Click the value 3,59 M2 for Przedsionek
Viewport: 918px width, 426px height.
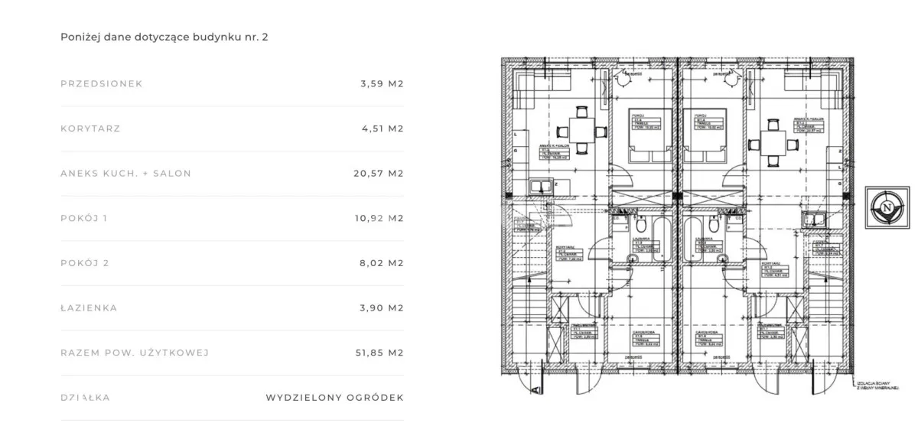[381, 84]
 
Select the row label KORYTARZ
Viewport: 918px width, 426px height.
[90, 128]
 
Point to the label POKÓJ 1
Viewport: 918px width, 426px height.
[83, 219]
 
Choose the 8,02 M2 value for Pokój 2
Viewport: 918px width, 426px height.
[381, 263]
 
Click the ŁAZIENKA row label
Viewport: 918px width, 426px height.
[89, 308]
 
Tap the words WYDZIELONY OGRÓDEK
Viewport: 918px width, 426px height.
[334, 398]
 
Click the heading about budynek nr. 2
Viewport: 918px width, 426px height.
[164, 36]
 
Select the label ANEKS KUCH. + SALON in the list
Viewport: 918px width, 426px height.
[125, 174]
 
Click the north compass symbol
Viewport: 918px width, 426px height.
[887, 206]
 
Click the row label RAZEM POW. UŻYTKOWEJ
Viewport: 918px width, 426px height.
[135, 353]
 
